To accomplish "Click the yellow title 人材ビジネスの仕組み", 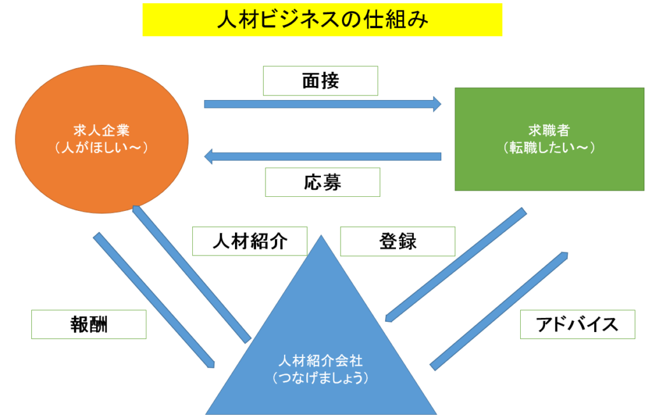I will tap(322, 20).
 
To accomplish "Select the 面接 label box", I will tap(320, 81).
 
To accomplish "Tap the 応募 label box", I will tap(322, 182).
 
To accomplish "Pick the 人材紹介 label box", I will tap(250, 241).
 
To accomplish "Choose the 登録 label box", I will tap(398, 241).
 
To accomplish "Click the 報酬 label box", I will tap(89, 324).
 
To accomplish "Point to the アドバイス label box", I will tap(578, 324).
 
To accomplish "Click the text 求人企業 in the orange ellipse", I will tap(102, 132).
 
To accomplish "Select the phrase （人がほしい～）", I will tap(102, 148).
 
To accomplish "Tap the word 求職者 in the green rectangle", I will tap(549, 132).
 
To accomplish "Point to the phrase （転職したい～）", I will tap(549, 148).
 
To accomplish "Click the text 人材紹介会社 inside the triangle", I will tap(320, 361).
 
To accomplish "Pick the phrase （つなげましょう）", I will tap(320, 377).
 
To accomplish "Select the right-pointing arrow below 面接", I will tap(322, 104).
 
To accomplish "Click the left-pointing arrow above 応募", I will tap(322, 156).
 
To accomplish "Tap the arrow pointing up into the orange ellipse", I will tap(190, 273).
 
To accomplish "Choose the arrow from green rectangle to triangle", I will tap(456, 264).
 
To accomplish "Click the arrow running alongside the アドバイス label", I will tap(499, 310).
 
